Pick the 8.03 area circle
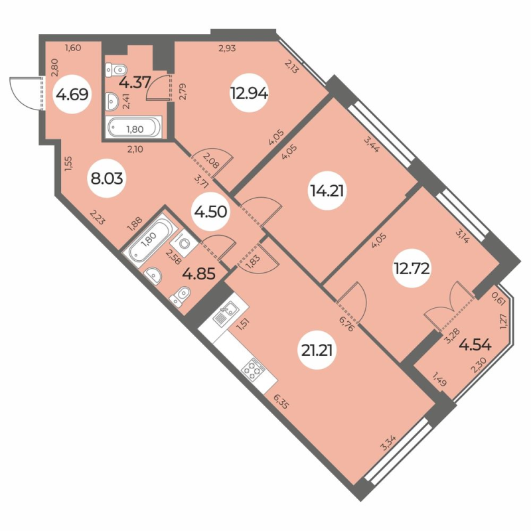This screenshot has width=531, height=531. [x=107, y=179]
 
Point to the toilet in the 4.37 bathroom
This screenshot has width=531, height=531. [x=117, y=69]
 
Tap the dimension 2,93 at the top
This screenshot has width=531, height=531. [x=229, y=47]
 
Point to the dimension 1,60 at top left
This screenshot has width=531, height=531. [x=73, y=47]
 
